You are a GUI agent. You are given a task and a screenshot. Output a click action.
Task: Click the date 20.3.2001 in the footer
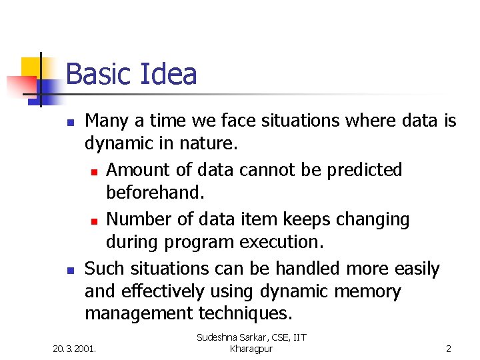(x=75, y=348)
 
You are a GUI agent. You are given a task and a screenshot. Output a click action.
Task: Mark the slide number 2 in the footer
(x=449, y=348)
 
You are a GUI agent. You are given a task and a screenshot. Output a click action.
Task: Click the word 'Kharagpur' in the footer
(x=251, y=349)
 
